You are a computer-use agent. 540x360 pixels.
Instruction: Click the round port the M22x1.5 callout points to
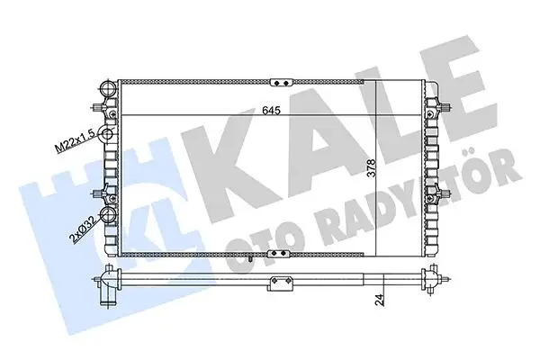click(x=106, y=135)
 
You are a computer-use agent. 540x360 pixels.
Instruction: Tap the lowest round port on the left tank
click(x=106, y=216)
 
